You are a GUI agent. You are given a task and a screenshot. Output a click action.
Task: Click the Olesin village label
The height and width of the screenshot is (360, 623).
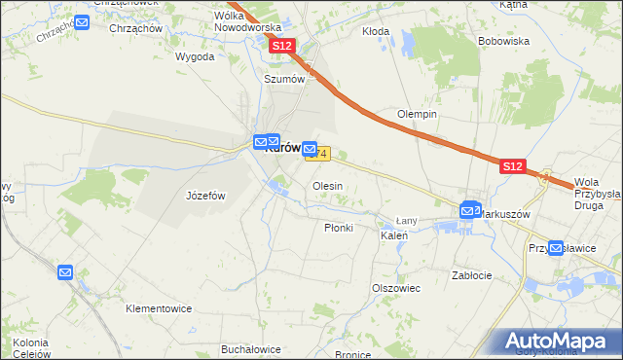[327, 186]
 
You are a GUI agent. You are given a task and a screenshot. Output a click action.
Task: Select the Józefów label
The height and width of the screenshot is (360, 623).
[205, 196]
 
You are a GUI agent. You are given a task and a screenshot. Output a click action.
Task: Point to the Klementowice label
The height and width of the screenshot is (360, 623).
[159, 308]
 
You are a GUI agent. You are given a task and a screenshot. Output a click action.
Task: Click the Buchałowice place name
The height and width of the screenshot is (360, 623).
[251, 349]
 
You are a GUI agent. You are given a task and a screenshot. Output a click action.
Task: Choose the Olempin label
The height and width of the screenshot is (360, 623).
[417, 114]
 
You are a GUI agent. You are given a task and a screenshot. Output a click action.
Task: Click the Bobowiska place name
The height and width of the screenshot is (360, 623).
[503, 42]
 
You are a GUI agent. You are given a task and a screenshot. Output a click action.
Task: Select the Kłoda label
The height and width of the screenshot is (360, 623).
[376, 31]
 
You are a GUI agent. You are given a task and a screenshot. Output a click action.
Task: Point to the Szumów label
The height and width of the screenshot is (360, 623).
[285, 79]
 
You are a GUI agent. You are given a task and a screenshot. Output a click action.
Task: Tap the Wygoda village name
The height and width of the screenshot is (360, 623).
[195, 57]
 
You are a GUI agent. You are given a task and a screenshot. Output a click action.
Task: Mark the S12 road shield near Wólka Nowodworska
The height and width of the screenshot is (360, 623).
[282, 46]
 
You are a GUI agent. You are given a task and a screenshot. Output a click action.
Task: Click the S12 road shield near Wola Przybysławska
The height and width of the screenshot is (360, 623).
[514, 167]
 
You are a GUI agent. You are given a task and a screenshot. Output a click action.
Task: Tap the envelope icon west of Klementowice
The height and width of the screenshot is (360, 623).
[65, 273]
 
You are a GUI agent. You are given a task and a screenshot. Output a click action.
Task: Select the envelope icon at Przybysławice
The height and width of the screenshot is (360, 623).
[556, 248]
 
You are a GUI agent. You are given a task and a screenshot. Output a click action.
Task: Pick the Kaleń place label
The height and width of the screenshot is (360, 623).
[393, 236]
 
